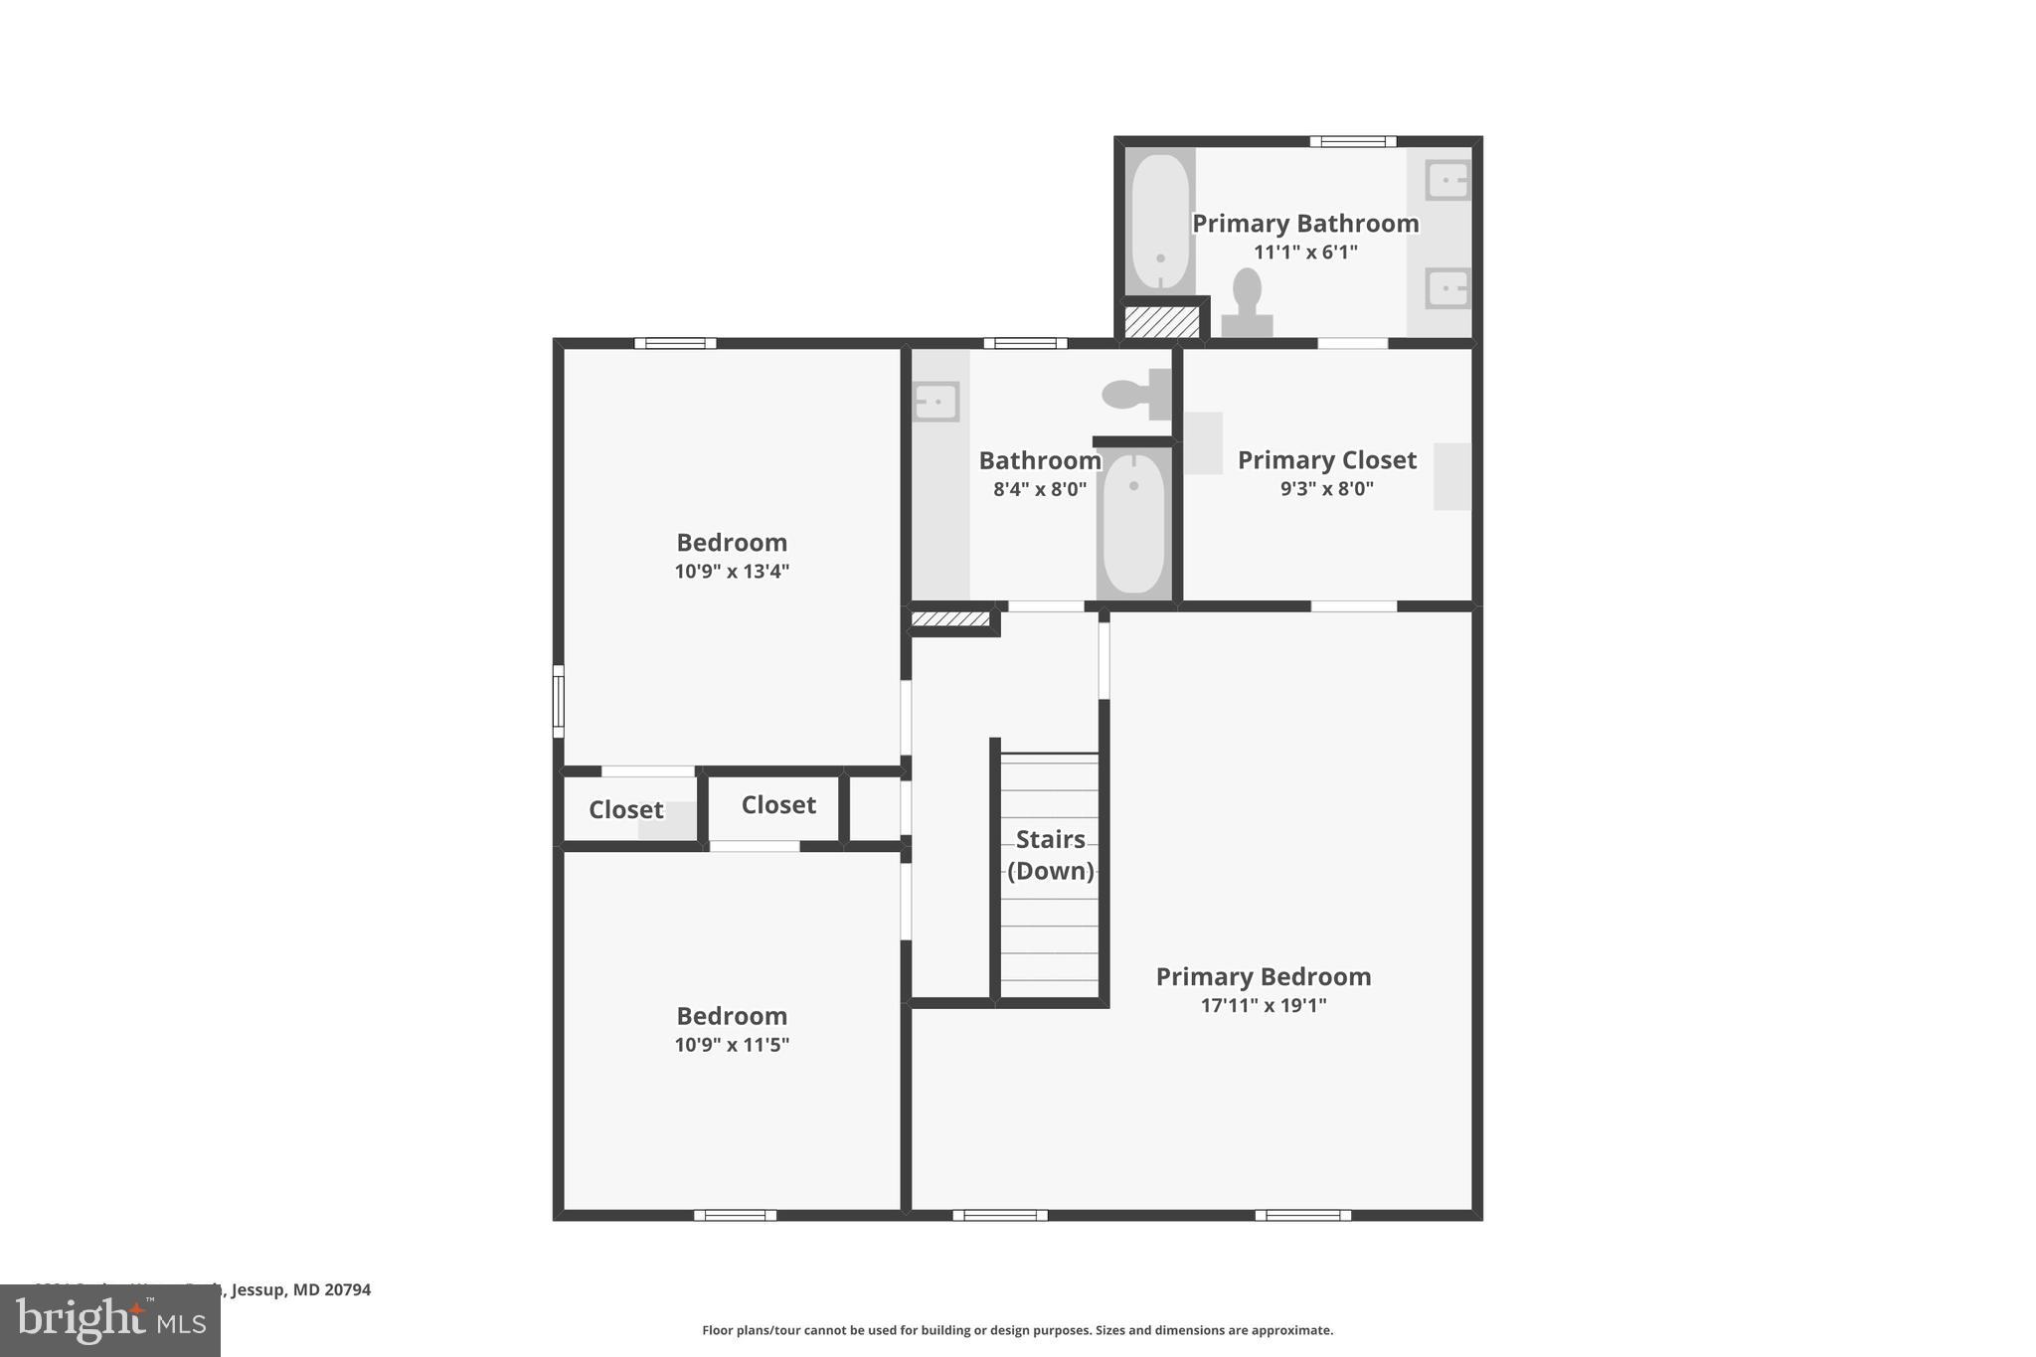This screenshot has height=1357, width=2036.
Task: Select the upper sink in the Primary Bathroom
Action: click(x=1446, y=181)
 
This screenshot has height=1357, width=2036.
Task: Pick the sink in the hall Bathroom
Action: click(x=935, y=402)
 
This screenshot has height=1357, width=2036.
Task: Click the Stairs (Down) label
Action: click(x=1050, y=855)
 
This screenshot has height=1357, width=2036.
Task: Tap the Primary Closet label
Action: click(x=1326, y=460)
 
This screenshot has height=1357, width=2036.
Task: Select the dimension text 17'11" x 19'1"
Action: click(x=1263, y=1005)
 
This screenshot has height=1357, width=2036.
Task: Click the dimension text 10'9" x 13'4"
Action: click(x=732, y=572)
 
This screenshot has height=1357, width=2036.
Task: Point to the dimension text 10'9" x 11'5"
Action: click(x=732, y=1045)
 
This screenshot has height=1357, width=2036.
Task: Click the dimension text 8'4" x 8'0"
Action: click(x=1039, y=489)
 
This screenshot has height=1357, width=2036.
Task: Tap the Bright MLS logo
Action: click(x=110, y=1320)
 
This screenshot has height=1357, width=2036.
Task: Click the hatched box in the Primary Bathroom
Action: click(x=1160, y=322)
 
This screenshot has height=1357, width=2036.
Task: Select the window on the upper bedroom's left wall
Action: click(x=559, y=701)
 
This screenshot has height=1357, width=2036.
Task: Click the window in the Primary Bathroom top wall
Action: click(x=1352, y=141)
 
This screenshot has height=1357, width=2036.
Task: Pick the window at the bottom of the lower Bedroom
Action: click(x=735, y=1215)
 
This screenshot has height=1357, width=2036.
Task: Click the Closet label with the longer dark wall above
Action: click(x=777, y=805)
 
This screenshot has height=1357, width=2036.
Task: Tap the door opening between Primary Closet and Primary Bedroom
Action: click(x=1353, y=606)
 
